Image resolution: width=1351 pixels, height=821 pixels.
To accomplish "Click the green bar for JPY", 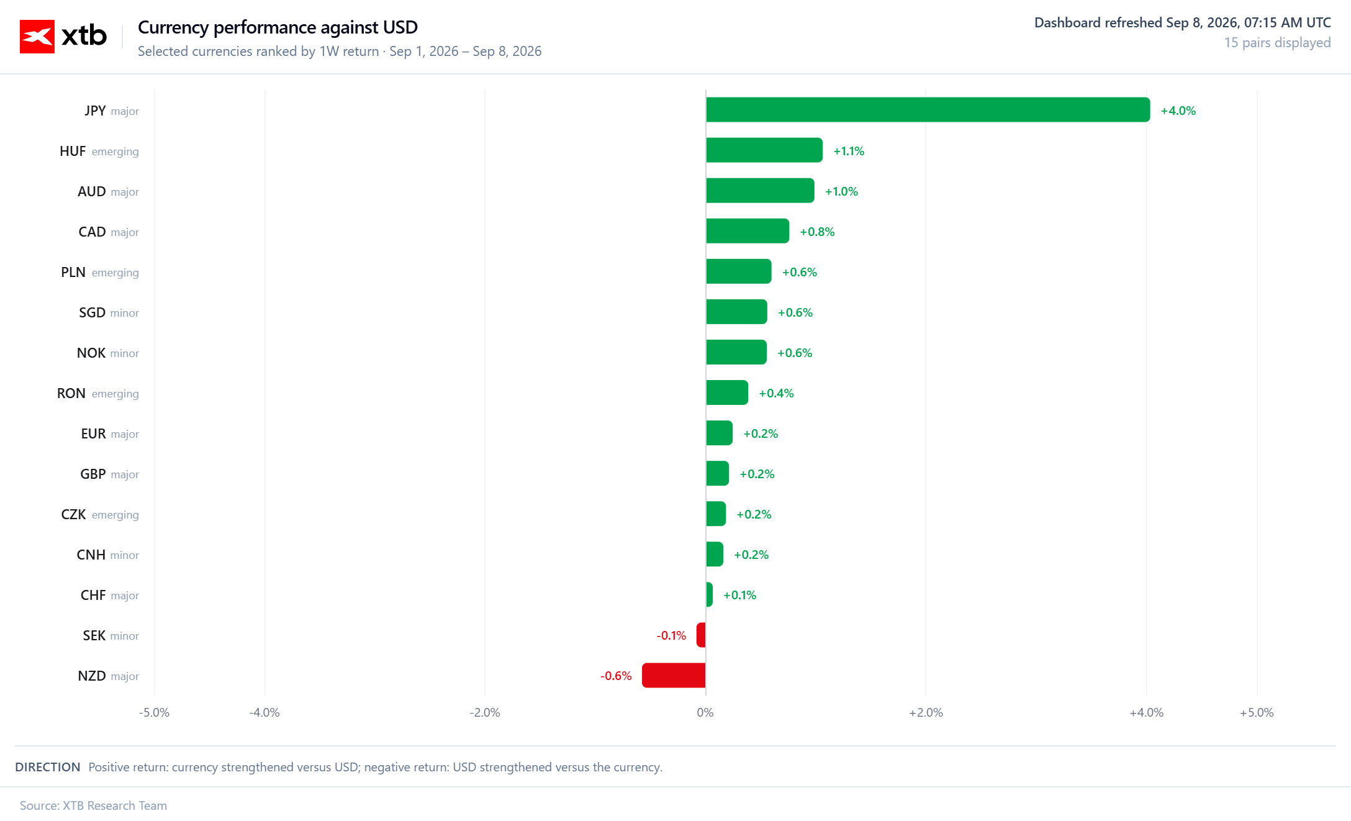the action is [x=928, y=110].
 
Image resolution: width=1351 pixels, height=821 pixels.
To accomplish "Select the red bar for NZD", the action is [x=674, y=675].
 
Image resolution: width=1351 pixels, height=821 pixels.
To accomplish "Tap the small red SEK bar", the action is [x=701, y=635].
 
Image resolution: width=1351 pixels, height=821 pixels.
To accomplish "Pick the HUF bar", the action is [x=764, y=150].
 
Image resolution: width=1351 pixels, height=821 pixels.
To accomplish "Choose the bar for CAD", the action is [x=748, y=231].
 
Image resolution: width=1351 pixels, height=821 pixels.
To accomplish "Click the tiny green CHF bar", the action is [x=709, y=594].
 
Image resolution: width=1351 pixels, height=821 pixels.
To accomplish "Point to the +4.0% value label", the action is [x=1178, y=111].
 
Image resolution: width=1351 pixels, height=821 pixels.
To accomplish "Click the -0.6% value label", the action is [x=616, y=676].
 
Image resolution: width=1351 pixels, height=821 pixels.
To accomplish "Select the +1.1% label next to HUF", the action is [x=849, y=151].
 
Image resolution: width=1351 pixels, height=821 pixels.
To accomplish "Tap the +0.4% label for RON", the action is [x=776, y=393].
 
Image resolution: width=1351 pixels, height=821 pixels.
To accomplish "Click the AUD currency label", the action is [x=92, y=191].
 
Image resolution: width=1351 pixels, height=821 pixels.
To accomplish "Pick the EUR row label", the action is [x=94, y=433].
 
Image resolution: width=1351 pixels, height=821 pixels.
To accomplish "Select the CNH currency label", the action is [x=91, y=555].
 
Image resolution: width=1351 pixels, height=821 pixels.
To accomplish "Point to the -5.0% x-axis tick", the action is [x=154, y=712].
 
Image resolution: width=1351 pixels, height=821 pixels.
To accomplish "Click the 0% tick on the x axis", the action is [x=705, y=712].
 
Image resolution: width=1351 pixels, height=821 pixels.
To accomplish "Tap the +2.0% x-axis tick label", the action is [x=926, y=712].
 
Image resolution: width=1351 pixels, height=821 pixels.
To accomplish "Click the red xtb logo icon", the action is [x=37, y=37].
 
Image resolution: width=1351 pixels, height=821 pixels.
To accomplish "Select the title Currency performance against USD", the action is [x=278, y=27].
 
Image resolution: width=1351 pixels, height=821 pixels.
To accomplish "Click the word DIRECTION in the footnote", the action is [x=48, y=767].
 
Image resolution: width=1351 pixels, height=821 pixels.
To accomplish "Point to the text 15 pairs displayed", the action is [x=1277, y=43].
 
